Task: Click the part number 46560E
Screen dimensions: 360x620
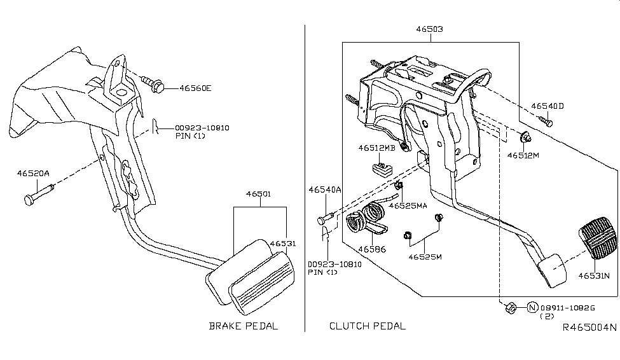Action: pos(195,88)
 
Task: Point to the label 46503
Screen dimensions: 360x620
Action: pos(430,29)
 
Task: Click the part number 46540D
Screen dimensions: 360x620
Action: pos(548,106)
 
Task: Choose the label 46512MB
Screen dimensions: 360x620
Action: pos(376,148)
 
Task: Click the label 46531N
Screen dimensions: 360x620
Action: pos(594,275)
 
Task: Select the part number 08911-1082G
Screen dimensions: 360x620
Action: pos(567,308)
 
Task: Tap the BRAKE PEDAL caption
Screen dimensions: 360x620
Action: pos(244,326)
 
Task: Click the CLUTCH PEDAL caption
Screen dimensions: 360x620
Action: pos(367,326)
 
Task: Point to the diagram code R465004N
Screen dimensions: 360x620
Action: pos(589,328)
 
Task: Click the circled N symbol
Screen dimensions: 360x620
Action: pos(532,308)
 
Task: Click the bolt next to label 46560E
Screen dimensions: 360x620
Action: pos(153,83)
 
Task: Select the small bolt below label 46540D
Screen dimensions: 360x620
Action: pos(544,120)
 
